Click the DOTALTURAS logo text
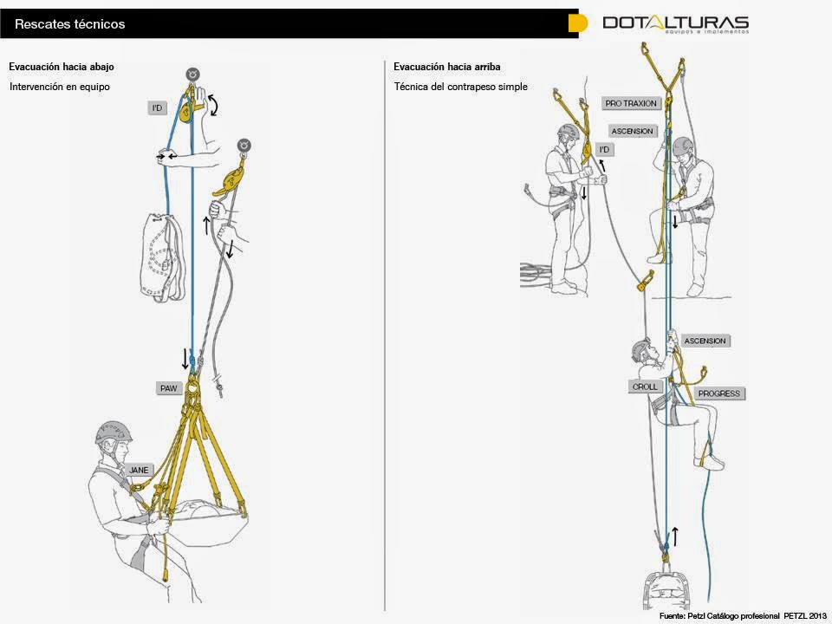[675, 23]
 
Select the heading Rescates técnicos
[70, 24]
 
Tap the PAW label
[168, 388]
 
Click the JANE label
[140, 470]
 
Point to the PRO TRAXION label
[631, 103]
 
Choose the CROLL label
[645, 387]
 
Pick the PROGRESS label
[719, 393]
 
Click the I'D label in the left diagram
[157, 108]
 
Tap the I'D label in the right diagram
[605, 150]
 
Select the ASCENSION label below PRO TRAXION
[632, 131]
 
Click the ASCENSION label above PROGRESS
[705, 341]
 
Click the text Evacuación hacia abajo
[61, 67]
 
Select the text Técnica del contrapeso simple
[460, 87]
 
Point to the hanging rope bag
[162, 256]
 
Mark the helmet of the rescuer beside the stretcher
[114, 432]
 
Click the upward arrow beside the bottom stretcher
[675, 535]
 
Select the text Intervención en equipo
[60, 87]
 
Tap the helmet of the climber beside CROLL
[641, 349]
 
